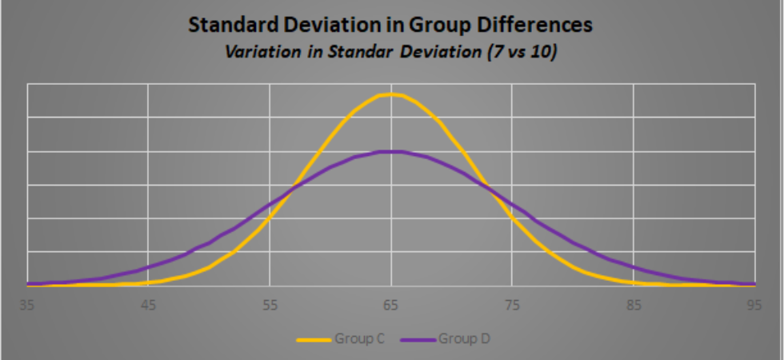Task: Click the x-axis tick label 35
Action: (x=28, y=304)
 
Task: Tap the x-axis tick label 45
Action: (x=148, y=304)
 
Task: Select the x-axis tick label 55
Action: (x=270, y=304)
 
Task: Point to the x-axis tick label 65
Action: (x=391, y=304)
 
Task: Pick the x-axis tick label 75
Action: (x=512, y=304)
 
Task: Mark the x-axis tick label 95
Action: (x=754, y=304)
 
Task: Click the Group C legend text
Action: (x=360, y=339)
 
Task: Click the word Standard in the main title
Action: (x=226, y=26)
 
